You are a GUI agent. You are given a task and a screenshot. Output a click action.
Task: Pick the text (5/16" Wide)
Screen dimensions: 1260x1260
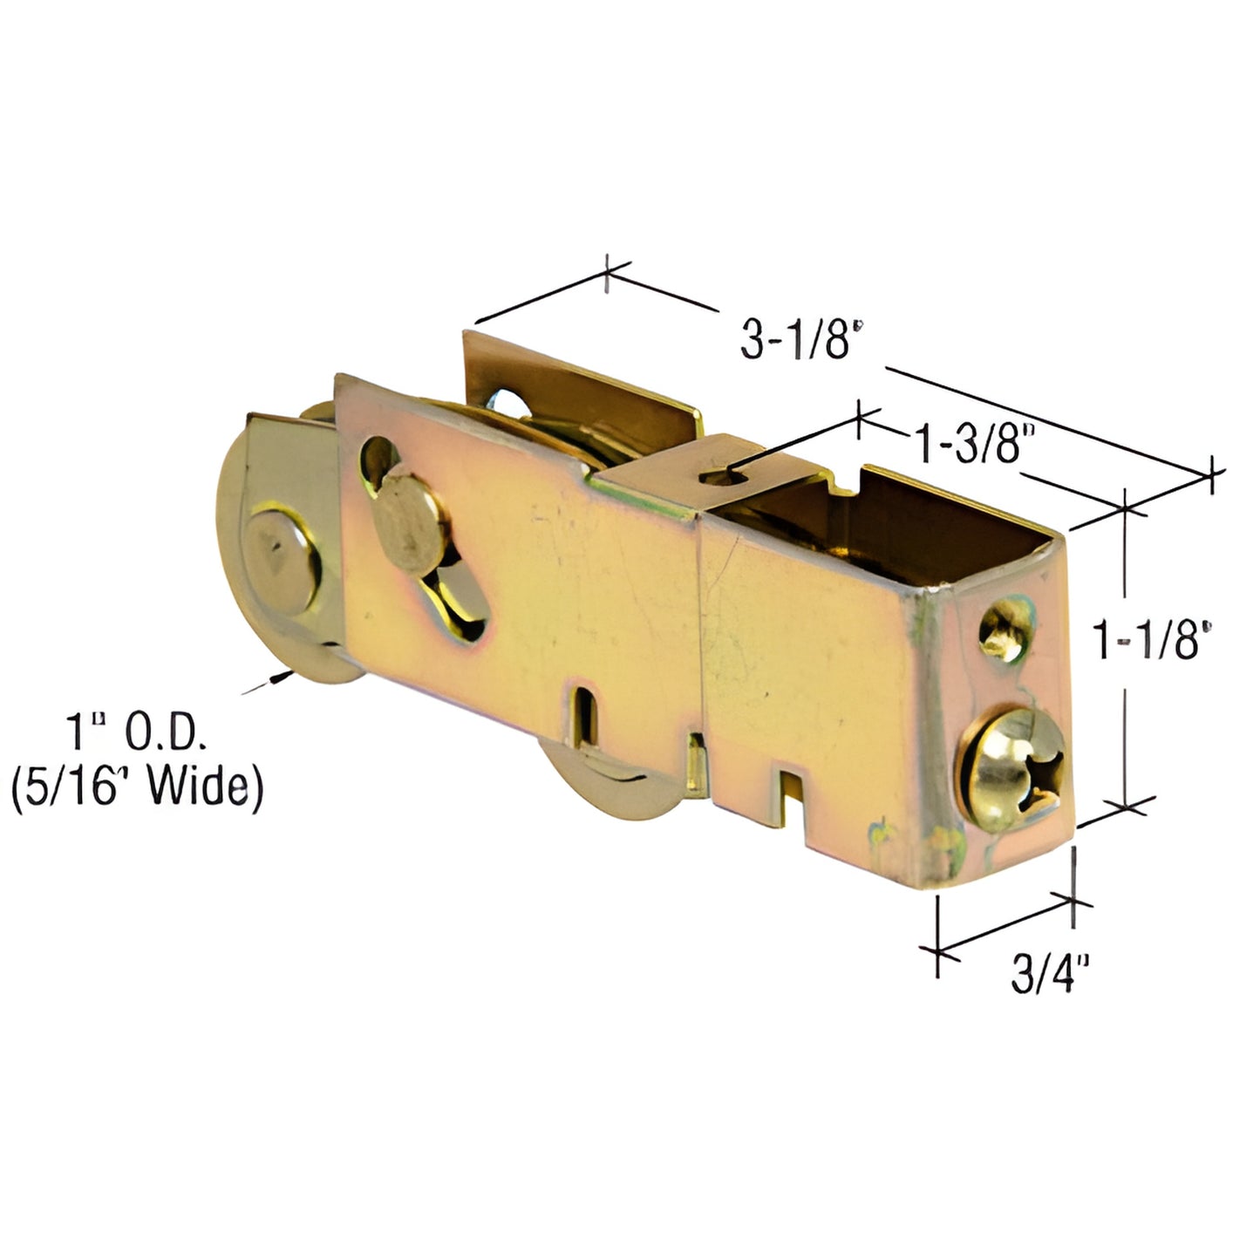(138, 787)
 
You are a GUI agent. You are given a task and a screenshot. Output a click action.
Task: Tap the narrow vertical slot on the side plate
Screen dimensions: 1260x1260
(584, 714)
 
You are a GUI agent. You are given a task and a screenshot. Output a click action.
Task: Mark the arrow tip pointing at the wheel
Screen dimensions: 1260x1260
(284, 676)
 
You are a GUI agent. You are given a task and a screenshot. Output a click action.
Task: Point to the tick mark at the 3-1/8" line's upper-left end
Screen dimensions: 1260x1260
(606, 275)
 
